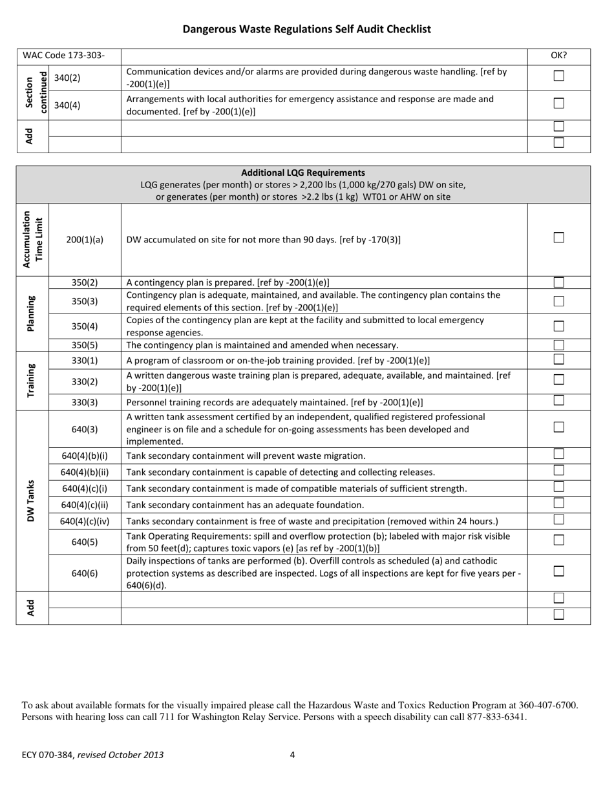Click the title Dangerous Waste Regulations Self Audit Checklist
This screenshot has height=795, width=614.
click(x=306, y=29)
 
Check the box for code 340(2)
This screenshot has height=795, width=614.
click(x=559, y=76)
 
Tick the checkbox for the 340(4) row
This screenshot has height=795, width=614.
click(x=559, y=103)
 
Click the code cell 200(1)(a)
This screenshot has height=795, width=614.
click(x=85, y=240)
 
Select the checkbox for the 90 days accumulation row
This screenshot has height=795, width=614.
click(x=559, y=238)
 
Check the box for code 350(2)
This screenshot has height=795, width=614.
click(x=559, y=282)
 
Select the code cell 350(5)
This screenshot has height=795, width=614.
click(x=85, y=345)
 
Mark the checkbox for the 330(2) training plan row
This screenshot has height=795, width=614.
click(x=559, y=380)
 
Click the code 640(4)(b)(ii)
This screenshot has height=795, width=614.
click(x=85, y=472)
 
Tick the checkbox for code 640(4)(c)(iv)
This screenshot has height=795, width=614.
click(x=559, y=519)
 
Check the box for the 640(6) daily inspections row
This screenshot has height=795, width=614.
click(x=559, y=571)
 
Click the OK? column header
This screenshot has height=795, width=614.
click(x=559, y=56)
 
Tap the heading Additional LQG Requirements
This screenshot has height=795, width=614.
click(x=302, y=173)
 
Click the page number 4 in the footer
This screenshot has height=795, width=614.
click(x=292, y=754)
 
